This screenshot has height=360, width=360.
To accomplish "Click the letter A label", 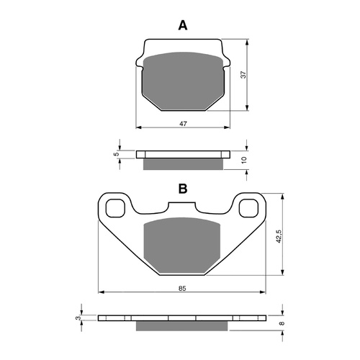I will [182, 26].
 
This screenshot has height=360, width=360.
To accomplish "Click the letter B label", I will [183, 189].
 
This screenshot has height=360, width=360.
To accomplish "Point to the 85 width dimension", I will [182, 288].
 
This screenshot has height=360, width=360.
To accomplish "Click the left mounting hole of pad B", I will [114, 209].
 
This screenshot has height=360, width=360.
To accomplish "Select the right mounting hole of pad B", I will [249, 209].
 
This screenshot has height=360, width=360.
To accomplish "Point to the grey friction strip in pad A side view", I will [183, 165].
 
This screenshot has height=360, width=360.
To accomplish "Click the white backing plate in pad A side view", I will [183, 154].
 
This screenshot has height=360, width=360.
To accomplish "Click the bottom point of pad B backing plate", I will [182, 275].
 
